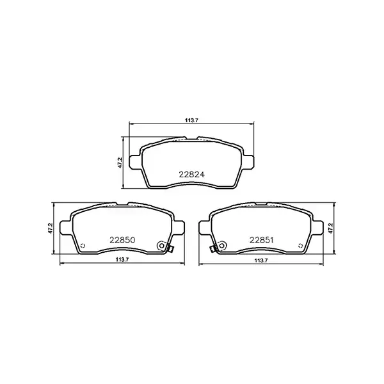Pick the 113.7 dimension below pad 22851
260,259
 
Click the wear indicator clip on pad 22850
170,249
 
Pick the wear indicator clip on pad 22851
212,249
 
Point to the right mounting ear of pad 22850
180,227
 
